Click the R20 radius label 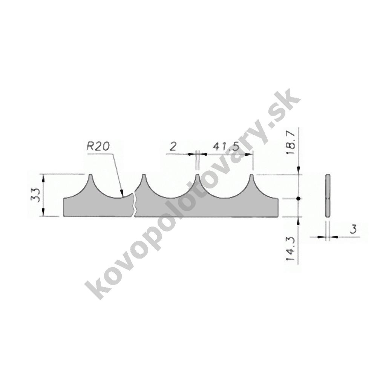[x=98, y=147]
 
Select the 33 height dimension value [x=36, y=195]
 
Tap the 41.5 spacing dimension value [x=226, y=147]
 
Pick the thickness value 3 [x=353, y=229]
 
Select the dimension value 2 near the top [x=173, y=147]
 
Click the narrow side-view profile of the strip [x=328, y=196]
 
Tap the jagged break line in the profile [x=134, y=205]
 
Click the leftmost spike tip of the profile [x=90, y=175]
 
